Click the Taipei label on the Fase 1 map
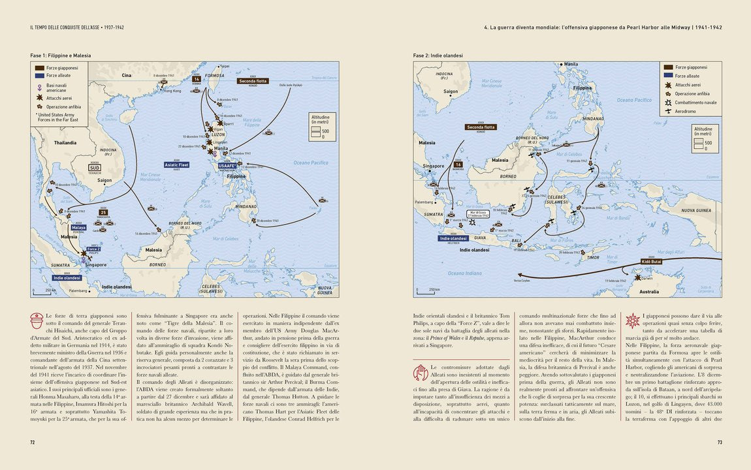[x=225, y=66]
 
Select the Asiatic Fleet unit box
[x=176, y=165]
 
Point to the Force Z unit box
[x=93, y=249]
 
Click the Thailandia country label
[x=65, y=142]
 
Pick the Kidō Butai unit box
[x=653, y=260]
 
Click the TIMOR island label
[x=593, y=257]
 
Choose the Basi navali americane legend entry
[x=56, y=87]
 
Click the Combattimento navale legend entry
[x=695, y=102]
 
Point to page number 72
[x=32, y=442]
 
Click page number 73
[x=719, y=442]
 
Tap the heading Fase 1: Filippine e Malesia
[x=61, y=56]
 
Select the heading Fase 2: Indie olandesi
[x=438, y=56]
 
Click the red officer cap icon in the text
[x=37, y=321]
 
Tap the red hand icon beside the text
[x=421, y=373]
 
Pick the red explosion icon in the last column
[x=633, y=321]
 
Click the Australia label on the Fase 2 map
[x=648, y=291]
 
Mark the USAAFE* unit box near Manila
[x=227, y=166]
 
